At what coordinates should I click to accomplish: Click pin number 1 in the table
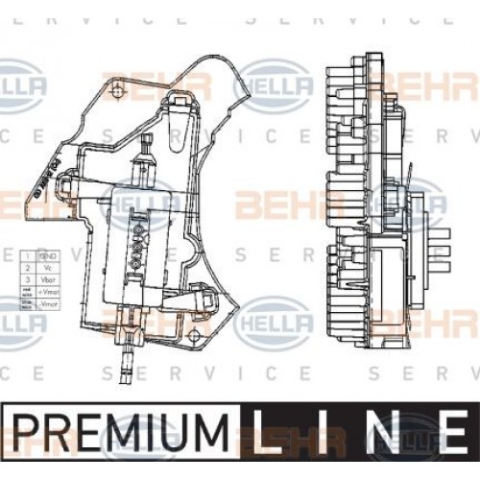pos(29,256)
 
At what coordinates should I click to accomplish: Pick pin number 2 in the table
pos(29,267)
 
